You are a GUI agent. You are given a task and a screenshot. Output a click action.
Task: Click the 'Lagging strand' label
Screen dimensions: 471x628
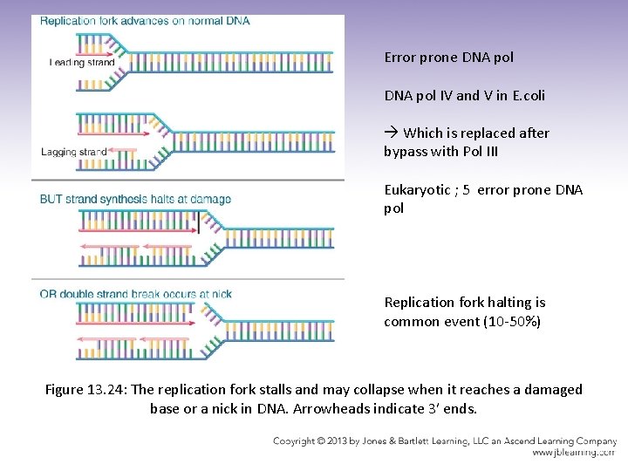(74, 152)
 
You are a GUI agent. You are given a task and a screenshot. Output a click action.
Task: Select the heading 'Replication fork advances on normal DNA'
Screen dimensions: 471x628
(145, 20)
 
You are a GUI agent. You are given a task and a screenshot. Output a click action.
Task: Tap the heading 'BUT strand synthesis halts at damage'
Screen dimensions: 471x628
(135, 199)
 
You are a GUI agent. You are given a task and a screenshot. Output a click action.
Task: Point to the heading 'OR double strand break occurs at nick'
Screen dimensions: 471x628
(135, 294)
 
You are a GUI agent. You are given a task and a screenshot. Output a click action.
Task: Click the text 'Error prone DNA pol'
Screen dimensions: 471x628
(448, 58)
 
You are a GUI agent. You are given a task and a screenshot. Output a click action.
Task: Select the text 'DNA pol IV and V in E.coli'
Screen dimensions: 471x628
(464, 96)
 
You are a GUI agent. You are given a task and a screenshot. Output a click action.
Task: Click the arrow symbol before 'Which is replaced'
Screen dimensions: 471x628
(391, 133)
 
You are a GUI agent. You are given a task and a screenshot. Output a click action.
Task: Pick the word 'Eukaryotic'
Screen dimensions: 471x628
(415, 190)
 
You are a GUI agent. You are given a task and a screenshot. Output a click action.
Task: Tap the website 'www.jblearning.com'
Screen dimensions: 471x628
(575, 453)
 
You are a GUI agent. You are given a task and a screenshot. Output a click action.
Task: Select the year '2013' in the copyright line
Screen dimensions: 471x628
(354, 440)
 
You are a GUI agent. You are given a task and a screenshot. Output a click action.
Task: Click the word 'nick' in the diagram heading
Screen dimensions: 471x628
(222, 294)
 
